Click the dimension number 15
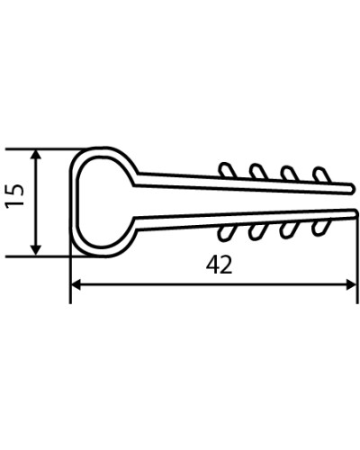(x=14, y=195)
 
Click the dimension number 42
(x=220, y=265)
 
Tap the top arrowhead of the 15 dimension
(x=36, y=156)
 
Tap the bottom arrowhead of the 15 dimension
(x=36, y=249)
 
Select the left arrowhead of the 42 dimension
(x=76, y=284)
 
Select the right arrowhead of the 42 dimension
(x=351, y=284)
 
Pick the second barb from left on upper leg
(x=258, y=171)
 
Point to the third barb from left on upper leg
(x=289, y=173)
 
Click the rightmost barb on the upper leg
(x=321, y=175)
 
